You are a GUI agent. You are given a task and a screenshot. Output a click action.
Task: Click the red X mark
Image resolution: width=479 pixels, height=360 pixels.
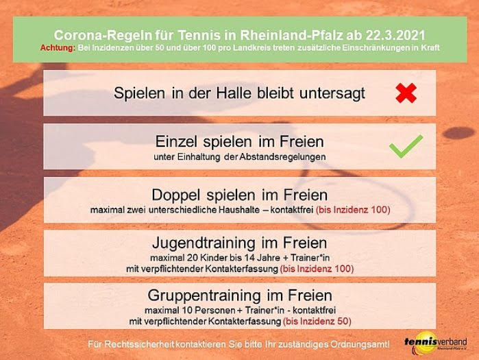coord(406,93)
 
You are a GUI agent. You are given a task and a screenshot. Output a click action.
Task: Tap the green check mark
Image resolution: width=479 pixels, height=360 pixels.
coord(406,146)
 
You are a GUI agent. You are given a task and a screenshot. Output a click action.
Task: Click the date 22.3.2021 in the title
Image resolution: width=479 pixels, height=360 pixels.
coord(395,35)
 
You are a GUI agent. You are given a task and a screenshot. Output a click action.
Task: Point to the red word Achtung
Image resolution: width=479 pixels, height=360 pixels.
coord(58,48)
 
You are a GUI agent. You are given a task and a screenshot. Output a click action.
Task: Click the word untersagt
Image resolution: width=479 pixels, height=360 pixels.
coord(332,93)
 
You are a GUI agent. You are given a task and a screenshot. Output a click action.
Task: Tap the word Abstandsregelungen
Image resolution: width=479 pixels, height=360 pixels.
coord(282,157)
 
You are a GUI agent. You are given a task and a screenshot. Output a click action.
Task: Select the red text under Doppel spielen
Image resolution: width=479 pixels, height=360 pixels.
coord(353,210)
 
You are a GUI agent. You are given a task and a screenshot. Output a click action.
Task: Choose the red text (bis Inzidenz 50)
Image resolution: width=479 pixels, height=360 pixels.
coord(317,321)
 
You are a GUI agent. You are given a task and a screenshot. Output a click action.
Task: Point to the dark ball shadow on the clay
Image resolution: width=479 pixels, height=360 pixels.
coord(458,133)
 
